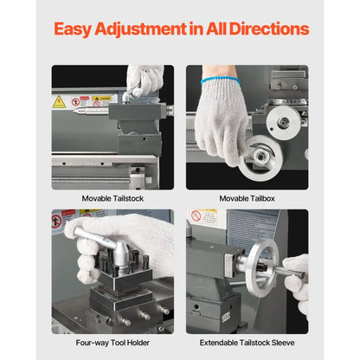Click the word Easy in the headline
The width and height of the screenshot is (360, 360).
73,29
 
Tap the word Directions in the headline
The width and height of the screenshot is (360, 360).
269,29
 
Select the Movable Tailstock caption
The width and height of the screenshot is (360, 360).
112,198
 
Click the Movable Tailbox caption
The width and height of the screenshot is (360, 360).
247,198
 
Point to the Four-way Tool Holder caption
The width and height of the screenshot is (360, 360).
112,343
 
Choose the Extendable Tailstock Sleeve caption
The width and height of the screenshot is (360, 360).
247,343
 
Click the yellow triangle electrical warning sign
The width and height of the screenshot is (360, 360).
59,102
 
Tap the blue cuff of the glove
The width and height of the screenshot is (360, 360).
221,80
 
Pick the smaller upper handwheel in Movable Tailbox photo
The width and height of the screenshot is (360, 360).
283,123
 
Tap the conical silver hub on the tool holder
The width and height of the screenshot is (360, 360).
120,254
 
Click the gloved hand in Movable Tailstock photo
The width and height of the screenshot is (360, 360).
145,80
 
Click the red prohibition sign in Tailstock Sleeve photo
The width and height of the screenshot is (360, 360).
196,215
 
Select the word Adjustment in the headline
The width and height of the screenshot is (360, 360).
140,30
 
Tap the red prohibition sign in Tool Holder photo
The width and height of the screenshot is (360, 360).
56,222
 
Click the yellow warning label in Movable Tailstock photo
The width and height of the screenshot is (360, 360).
101,99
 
